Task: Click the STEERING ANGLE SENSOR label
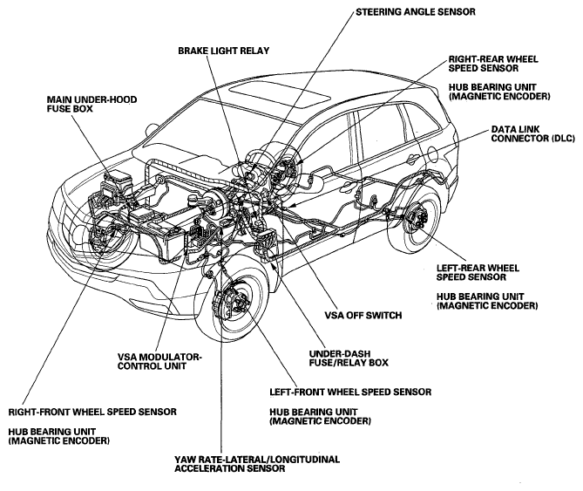416,12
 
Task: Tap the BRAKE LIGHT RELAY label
223,51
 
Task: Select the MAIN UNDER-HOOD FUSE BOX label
92,104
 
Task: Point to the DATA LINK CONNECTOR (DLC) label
532,134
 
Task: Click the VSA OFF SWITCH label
363,316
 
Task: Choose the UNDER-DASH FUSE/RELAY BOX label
349,358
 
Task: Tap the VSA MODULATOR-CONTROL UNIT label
159,362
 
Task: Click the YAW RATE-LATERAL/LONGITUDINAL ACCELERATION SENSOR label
257,464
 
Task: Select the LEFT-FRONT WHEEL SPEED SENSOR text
350,392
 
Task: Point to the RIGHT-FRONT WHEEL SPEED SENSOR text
92,413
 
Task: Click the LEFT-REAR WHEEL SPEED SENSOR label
478,273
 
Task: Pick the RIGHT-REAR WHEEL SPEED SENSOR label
493,64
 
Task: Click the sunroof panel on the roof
280,95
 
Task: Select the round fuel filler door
432,154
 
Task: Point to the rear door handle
410,160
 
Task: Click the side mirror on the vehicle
152,129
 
